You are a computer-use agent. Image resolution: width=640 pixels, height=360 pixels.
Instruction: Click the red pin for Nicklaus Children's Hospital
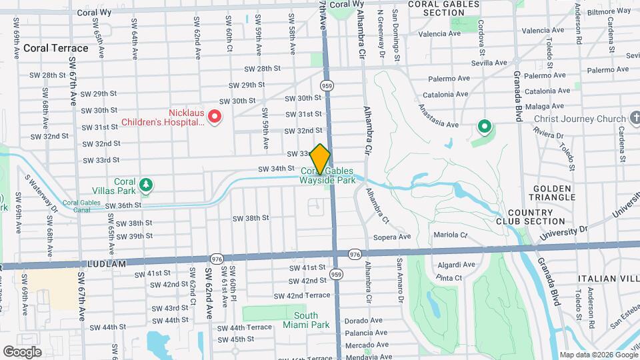click(215, 117)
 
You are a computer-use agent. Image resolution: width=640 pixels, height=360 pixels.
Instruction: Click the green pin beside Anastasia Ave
click(485, 126)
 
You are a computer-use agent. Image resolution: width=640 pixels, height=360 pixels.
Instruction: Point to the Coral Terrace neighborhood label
click(55, 48)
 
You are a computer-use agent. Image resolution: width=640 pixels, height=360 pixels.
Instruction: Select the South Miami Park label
click(312, 320)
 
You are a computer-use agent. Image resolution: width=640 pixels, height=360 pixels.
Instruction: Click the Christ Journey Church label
click(580, 119)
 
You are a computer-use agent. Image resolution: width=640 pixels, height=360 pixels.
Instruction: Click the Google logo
click(22, 351)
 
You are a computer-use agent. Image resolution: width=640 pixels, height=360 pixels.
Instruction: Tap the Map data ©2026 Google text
click(598, 355)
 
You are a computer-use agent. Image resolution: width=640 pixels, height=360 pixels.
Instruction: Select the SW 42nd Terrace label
click(308, 295)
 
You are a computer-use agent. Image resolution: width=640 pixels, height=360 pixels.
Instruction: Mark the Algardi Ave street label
click(457, 265)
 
